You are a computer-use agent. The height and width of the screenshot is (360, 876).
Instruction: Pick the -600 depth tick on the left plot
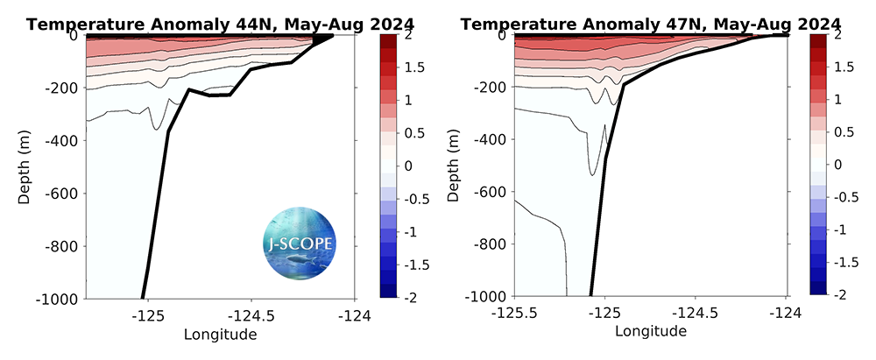coord(62,193)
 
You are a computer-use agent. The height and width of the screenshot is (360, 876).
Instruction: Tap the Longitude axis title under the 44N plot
coord(220,334)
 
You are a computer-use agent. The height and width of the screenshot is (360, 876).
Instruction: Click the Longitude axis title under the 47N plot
coord(651,333)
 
